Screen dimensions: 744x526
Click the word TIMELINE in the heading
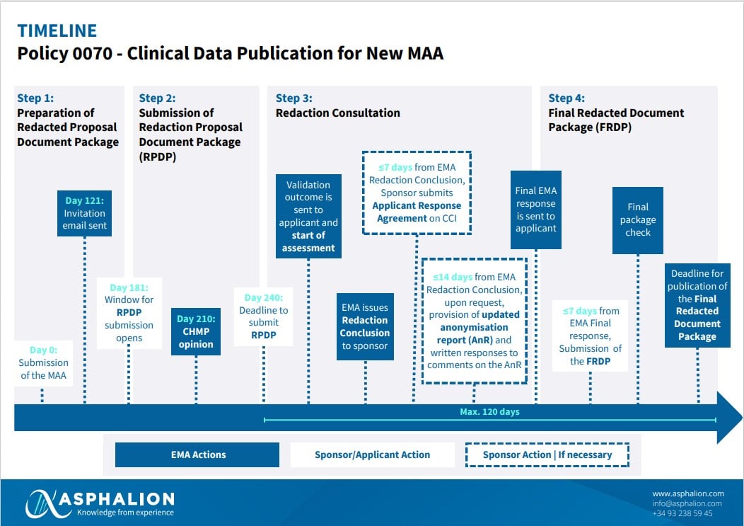57,31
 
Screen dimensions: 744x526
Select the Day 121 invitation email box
84,213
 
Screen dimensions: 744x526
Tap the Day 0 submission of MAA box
43,363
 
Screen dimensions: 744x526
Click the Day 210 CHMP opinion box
196,331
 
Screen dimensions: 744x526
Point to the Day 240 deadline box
263,316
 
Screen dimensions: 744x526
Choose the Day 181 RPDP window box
129,313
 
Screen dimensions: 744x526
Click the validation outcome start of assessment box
308,216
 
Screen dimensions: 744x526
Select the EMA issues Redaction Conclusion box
365,326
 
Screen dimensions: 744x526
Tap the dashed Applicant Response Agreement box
417,193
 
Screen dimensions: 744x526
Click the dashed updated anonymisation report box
474,321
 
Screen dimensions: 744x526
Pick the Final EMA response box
535,210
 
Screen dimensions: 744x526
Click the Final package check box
638,220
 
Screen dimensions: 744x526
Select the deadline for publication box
697,305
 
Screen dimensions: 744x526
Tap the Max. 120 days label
489,412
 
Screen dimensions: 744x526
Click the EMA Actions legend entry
197,454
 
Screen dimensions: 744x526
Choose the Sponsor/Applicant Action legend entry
373,454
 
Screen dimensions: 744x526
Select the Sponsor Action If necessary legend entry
547,454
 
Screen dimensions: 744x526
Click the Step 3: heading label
294,98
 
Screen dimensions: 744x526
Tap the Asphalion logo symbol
42,503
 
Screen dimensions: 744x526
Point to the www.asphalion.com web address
688,493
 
